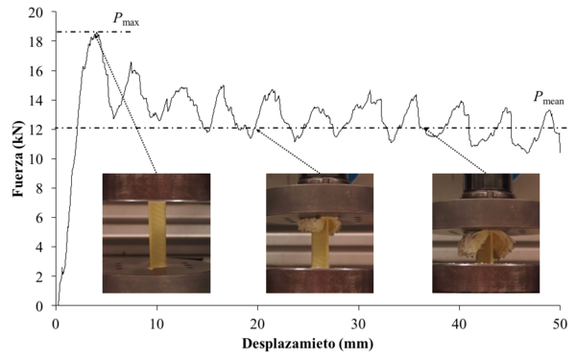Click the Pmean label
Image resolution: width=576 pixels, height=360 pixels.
point(548,97)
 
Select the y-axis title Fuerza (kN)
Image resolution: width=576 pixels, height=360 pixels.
point(16,158)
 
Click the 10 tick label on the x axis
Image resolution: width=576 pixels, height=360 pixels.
point(157,322)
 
